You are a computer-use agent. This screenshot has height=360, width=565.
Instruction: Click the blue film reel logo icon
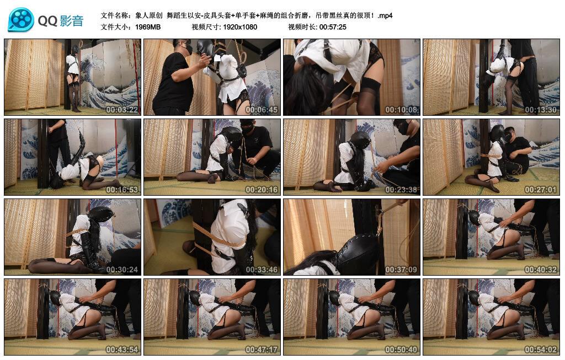(x=21, y=20)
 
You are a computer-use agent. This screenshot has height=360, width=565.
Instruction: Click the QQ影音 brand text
(x=61, y=21)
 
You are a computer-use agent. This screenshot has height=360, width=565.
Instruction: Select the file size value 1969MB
(x=148, y=27)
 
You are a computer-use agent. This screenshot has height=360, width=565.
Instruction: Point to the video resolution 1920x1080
(x=240, y=27)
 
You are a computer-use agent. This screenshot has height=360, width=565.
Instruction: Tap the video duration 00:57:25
(x=333, y=27)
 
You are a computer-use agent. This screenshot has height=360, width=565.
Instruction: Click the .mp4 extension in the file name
(x=385, y=15)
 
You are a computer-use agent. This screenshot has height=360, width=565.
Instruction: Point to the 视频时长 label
(x=303, y=27)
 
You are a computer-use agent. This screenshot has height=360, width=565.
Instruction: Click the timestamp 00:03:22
(x=122, y=110)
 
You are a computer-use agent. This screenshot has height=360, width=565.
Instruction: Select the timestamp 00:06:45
(x=262, y=110)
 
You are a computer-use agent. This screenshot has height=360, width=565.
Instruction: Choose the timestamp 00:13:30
(x=541, y=110)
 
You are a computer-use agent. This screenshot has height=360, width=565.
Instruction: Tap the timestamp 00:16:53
(x=122, y=190)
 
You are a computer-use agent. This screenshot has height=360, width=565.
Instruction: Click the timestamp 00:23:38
(x=401, y=190)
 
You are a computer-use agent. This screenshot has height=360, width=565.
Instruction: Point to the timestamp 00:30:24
(x=122, y=270)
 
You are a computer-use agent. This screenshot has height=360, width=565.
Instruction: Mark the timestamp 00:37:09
(x=401, y=270)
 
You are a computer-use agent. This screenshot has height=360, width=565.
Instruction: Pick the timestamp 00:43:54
(x=122, y=350)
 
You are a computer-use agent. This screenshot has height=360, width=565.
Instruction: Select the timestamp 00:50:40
(x=401, y=350)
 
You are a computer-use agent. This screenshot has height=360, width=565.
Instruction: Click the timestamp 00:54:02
(x=541, y=350)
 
